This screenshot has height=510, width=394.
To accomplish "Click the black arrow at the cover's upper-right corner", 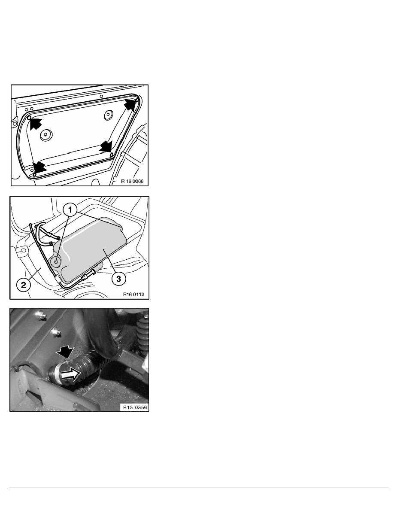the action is tap(130, 104).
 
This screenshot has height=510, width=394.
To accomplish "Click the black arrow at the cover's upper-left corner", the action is tap(36, 123).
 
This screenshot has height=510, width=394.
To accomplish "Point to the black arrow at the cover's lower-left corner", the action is tap(39, 167).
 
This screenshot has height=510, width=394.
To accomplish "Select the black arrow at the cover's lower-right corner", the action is tap(106, 146).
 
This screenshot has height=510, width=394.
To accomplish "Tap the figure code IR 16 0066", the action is tap(132, 181).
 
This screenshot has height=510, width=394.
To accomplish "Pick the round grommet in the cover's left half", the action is tap(46, 134).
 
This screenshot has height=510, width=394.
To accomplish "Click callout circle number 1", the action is tap(70, 209).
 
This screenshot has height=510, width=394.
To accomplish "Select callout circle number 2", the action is tap(24, 285).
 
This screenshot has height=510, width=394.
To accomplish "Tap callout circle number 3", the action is tap(118, 279).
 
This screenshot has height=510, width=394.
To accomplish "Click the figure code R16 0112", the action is tap(133, 294).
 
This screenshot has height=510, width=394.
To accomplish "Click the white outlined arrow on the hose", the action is tap(70, 374).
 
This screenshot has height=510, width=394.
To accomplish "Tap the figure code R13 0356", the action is tap(135, 407).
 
